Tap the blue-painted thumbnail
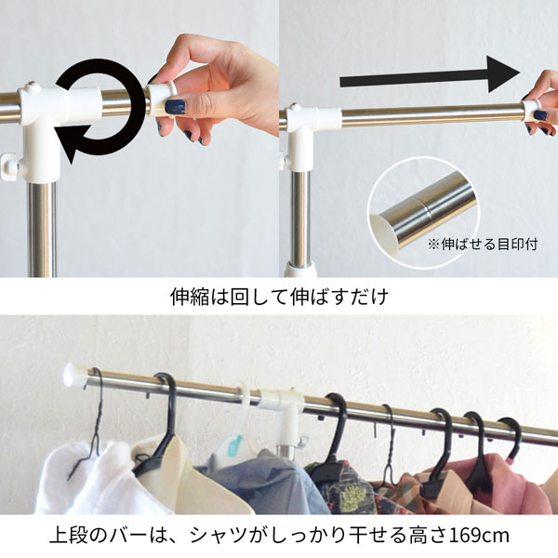(x=175, y=108)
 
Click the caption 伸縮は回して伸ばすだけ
(x=278, y=299)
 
